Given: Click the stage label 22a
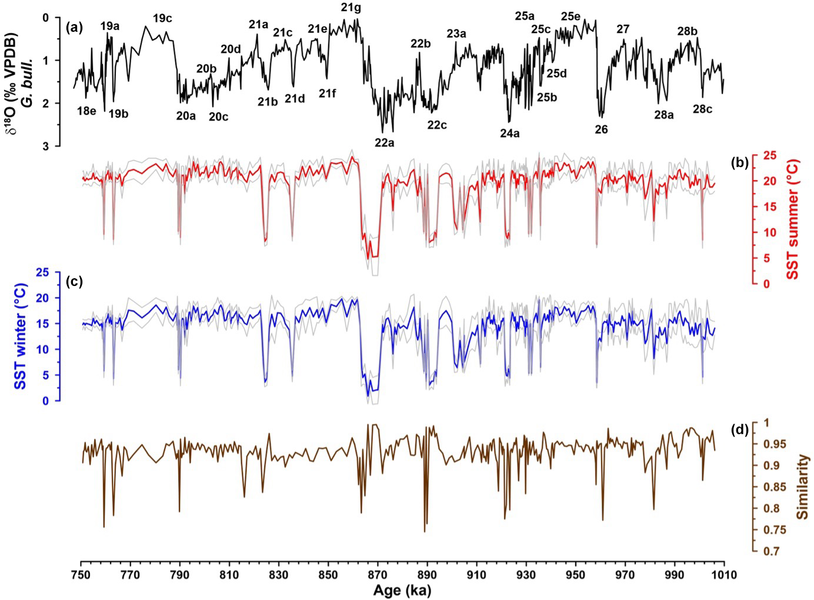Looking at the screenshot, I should click(385, 142).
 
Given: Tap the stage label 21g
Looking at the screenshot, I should click(351, 8).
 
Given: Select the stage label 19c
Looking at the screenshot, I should click(162, 18).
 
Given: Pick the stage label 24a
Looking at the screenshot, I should click(510, 134).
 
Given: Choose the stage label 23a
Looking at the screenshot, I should click(456, 34).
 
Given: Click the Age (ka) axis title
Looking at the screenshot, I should click(402, 591).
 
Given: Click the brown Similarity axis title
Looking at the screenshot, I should click(801, 487).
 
